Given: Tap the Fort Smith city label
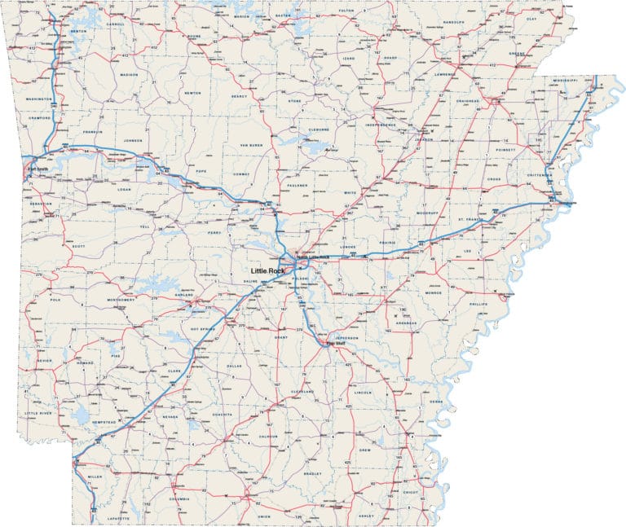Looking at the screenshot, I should (37, 169).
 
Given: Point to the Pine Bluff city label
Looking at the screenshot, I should (336, 344).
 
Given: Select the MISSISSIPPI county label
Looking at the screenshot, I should (564, 81).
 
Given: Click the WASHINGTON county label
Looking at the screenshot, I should (39, 99).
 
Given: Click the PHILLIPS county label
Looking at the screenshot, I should (477, 304).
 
